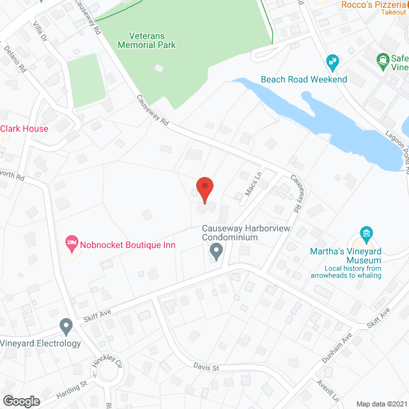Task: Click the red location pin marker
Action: click(x=204, y=189)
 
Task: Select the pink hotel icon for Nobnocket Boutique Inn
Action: click(x=72, y=242)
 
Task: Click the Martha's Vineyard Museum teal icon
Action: click(x=366, y=234)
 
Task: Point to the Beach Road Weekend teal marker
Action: click(x=332, y=63)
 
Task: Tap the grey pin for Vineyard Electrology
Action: click(x=66, y=327)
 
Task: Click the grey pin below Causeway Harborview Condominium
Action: click(x=216, y=252)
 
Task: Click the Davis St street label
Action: click(x=206, y=367)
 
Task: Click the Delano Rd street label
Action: click(x=14, y=57)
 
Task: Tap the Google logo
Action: click(x=20, y=401)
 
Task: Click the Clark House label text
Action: click(x=24, y=128)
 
